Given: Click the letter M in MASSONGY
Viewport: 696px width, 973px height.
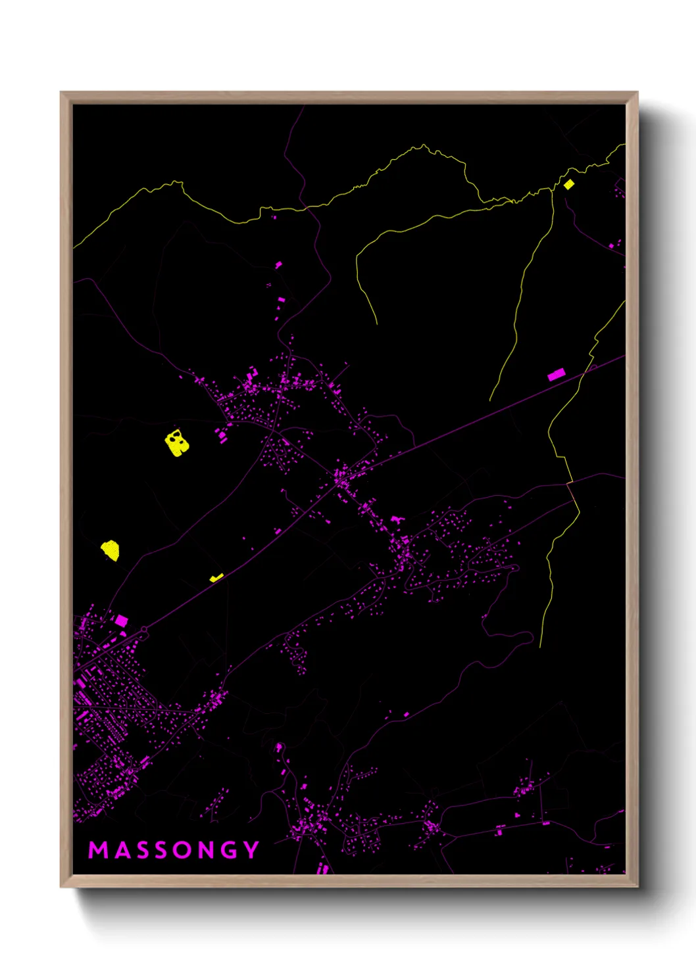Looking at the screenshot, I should click(98, 850).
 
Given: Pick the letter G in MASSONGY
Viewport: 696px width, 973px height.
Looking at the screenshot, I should click(229, 850).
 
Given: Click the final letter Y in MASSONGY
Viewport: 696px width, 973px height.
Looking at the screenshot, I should click(251, 850).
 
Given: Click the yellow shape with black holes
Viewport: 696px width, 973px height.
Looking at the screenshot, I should click(176, 442).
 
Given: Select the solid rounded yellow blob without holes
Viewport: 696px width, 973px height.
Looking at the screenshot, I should click(111, 550).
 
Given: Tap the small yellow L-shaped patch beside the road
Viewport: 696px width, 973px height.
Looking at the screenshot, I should click(216, 578).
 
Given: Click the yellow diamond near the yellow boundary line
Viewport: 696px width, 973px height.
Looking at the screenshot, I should click(568, 185).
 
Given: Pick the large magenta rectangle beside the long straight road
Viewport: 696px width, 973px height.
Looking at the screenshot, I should click(557, 375).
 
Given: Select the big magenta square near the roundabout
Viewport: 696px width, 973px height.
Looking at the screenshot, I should click(122, 620).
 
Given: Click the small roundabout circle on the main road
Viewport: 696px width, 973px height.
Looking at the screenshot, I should click(144, 630).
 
